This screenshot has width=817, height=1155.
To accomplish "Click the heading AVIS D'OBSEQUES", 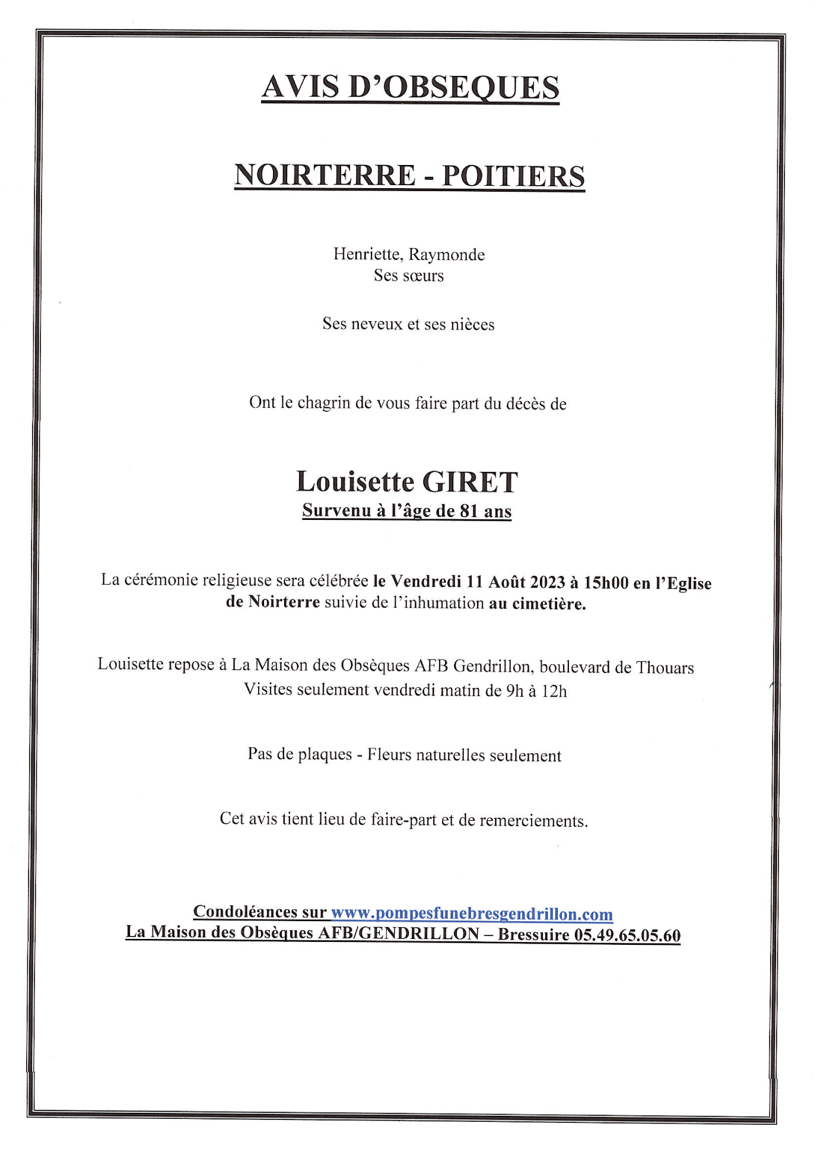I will tap(410, 87).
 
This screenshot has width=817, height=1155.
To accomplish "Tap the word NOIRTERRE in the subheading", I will tap(325, 176).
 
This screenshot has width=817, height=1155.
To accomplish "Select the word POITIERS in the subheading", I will tap(513, 176).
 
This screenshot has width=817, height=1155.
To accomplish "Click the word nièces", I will tap(472, 325).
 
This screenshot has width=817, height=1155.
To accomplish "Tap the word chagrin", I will tap(323, 403).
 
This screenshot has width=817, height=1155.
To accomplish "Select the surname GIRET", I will tap(470, 482).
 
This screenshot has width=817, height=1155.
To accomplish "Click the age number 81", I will tap(469, 511).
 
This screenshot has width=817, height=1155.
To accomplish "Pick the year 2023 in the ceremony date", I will tap(547, 582).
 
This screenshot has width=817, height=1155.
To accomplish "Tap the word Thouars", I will tap(665, 668).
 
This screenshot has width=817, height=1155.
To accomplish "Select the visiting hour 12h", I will tap(554, 691).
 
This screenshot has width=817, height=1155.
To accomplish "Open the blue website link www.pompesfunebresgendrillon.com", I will tap(472, 913).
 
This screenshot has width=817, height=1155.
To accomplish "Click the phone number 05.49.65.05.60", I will tap(627, 935).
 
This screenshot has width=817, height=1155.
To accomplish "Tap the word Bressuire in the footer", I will tap(533, 935).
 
